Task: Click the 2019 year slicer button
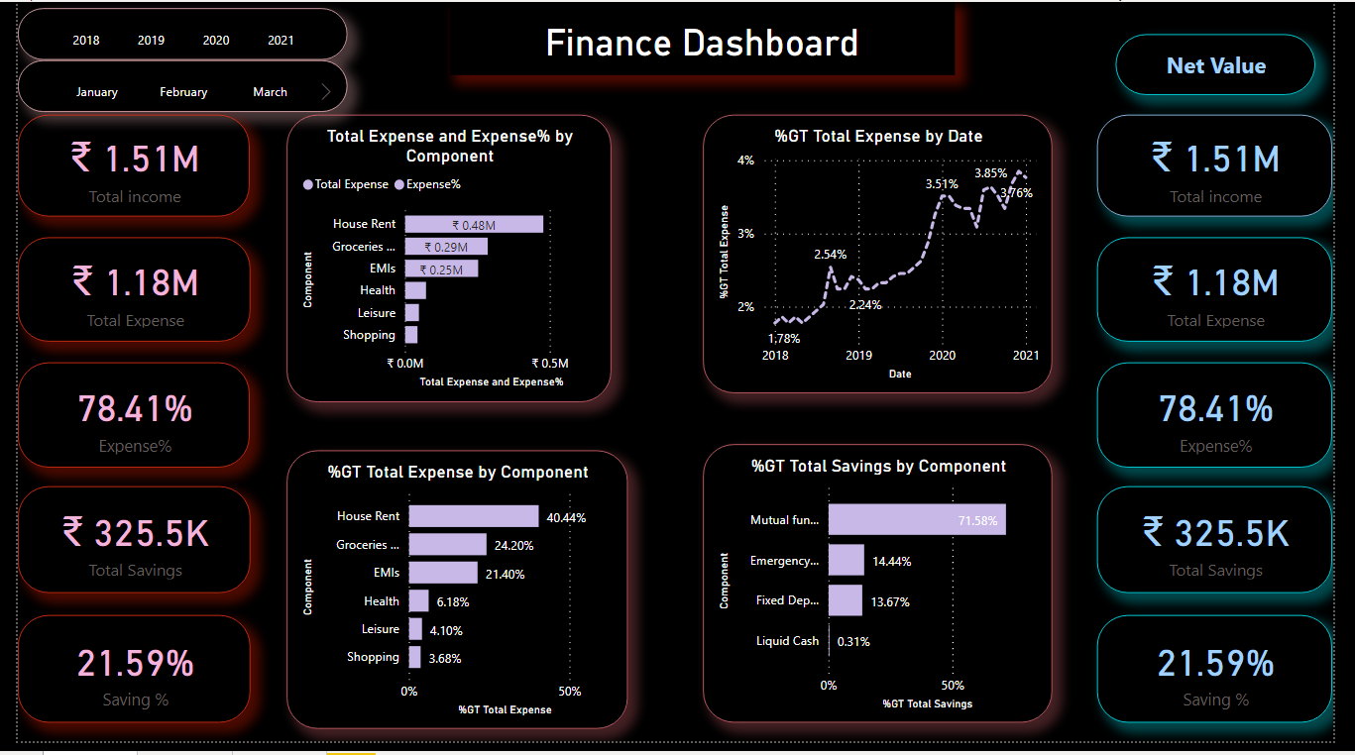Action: pyautogui.click(x=151, y=41)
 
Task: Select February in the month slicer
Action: pyautogui.click(x=183, y=92)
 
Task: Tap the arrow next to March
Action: pyautogui.click(x=326, y=92)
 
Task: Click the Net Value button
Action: pyautogui.click(x=1215, y=65)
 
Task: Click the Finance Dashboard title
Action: pyautogui.click(x=702, y=44)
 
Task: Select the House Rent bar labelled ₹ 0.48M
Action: pyautogui.click(x=474, y=225)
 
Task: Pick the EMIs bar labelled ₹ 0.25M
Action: pyautogui.click(x=441, y=270)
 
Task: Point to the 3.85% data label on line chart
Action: pyautogui.click(x=990, y=173)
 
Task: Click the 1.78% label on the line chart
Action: pyautogui.click(x=784, y=338)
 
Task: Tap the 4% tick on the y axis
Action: pyautogui.click(x=745, y=161)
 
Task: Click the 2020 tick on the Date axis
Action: pyautogui.click(x=942, y=356)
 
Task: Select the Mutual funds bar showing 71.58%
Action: pyautogui.click(x=917, y=520)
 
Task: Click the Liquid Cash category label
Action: pyautogui.click(x=787, y=641)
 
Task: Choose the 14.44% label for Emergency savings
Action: pyautogui.click(x=891, y=562)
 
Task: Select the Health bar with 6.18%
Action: pyautogui.click(x=418, y=601)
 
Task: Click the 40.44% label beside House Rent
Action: pyautogui.click(x=566, y=518)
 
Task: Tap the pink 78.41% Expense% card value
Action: pyautogui.click(x=135, y=409)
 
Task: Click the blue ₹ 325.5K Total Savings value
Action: pyautogui.click(x=1215, y=533)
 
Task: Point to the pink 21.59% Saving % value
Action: pyautogui.click(x=135, y=663)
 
